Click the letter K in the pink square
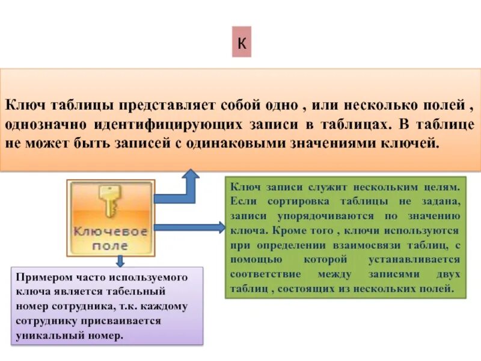pos(242,45)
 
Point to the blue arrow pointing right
pos(189,227)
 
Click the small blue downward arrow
pos(120,260)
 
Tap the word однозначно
pos(46,125)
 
